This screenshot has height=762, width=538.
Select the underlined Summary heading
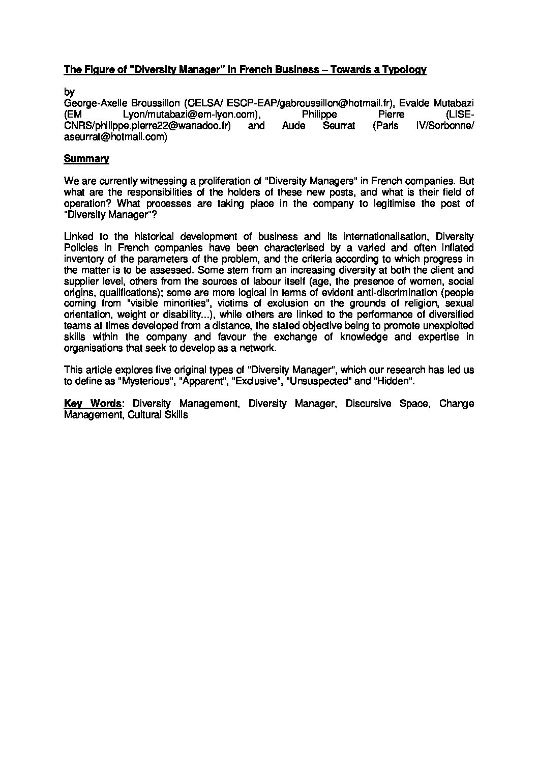86,159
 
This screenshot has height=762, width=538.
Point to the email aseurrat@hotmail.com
115,136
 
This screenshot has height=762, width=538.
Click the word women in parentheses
396,281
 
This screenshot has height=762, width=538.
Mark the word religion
396,304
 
